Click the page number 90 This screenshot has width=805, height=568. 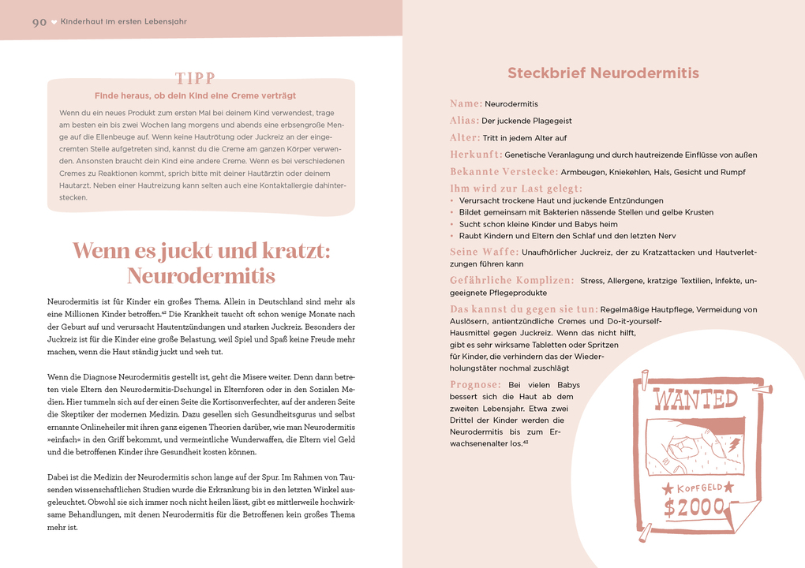coord(39,22)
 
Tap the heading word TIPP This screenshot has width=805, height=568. coord(195,79)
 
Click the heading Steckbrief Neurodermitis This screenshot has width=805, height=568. coord(603,73)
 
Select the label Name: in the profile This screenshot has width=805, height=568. coord(466,103)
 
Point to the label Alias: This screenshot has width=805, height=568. coord(464,121)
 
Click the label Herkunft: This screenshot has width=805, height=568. coord(476,155)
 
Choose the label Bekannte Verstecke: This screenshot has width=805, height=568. coord(504,172)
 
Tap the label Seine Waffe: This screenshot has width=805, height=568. coord(484,252)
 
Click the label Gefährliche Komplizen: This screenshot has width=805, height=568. coord(511,281)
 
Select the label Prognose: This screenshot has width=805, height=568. coord(475,384)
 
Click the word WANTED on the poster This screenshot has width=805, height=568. coord(695,399)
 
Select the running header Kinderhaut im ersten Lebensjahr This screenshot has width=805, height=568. coord(124,22)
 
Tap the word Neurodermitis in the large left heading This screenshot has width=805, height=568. coord(200,276)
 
